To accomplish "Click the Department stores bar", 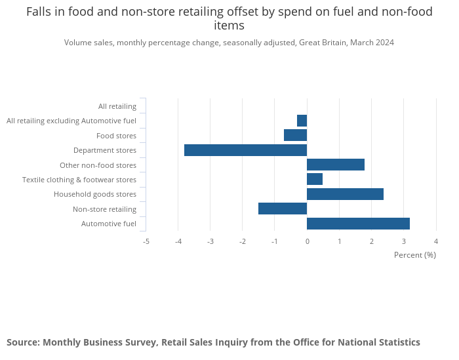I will tap(245, 150).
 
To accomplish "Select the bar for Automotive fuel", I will tap(358, 224).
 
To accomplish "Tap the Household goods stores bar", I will tap(345, 194).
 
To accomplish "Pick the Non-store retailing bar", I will tap(283, 209).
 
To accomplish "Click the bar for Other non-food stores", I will tap(336, 165).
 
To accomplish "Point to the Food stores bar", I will tap(295, 135).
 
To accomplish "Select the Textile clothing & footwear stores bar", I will tap(315, 179).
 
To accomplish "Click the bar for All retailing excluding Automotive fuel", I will tap(302, 121).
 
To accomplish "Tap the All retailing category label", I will tap(117, 106).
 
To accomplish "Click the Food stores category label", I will tap(116, 136).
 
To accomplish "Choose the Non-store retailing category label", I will tap(104, 209).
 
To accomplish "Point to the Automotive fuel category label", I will tap(109, 224).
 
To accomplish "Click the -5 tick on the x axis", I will tap(146, 241).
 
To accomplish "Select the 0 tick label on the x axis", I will tap(307, 241).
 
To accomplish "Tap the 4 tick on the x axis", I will tap(436, 241).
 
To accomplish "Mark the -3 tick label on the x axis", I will tap(210, 241).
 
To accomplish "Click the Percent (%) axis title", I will tap(415, 254).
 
